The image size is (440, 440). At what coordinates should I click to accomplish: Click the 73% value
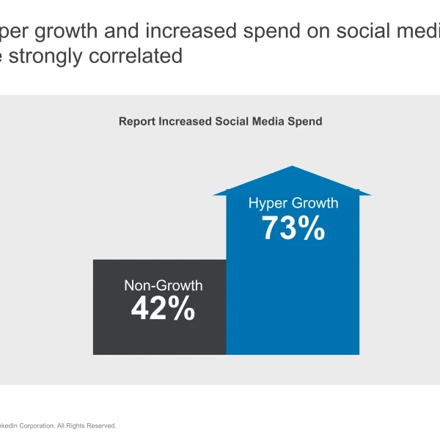[293, 229]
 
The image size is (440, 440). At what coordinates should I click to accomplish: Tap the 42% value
[163, 309]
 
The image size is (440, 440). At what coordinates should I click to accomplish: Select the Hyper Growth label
[293, 203]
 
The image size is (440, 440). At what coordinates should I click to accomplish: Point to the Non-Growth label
[163, 285]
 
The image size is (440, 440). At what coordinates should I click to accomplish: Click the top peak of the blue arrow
[293, 168]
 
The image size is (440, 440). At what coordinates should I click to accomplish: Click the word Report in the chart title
[137, 121]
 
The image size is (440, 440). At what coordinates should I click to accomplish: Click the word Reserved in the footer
[100, 425]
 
